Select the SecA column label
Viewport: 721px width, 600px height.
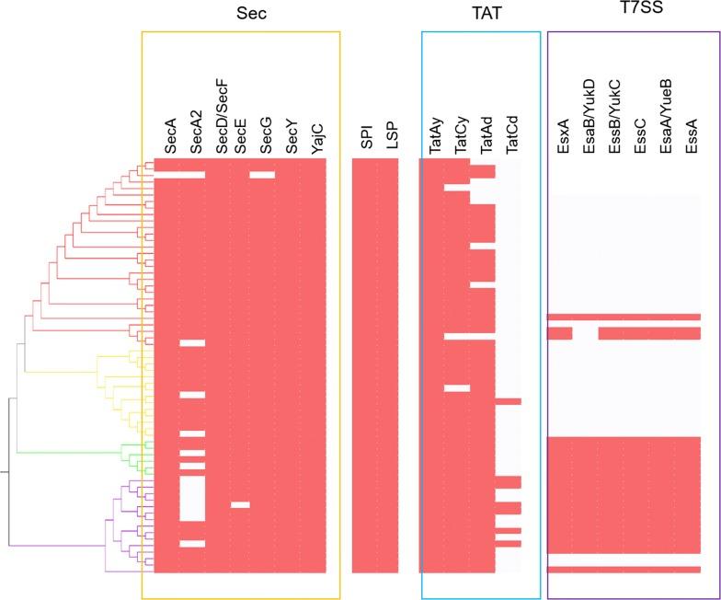click(170, 135)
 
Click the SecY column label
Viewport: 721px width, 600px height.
click(292, 135)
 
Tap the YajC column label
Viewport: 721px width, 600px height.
click(316, 136)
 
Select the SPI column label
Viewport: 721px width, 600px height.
click(367, 138)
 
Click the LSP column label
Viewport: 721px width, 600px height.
click(392, 137)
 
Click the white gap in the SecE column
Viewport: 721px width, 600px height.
click(240, 504)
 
